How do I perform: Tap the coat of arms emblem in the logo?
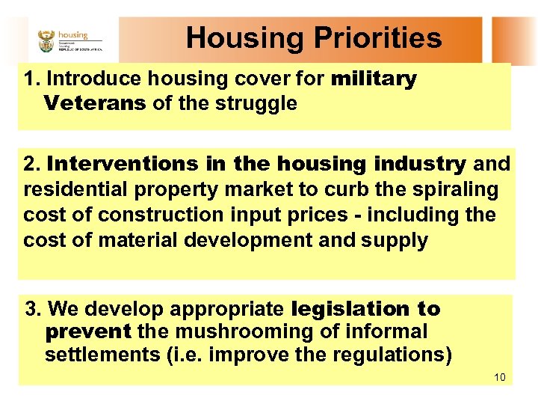tap(46, 40)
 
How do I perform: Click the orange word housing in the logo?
tap(73, 34)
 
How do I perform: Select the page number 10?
tap(500, 376)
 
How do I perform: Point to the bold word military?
tap(374, 79)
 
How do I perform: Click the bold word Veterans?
tap(95, 103)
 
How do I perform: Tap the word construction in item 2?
tap(160, 215)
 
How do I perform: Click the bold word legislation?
tap(343, 309)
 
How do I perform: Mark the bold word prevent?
tap(88, 331)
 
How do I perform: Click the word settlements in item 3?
tap(96, 355)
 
